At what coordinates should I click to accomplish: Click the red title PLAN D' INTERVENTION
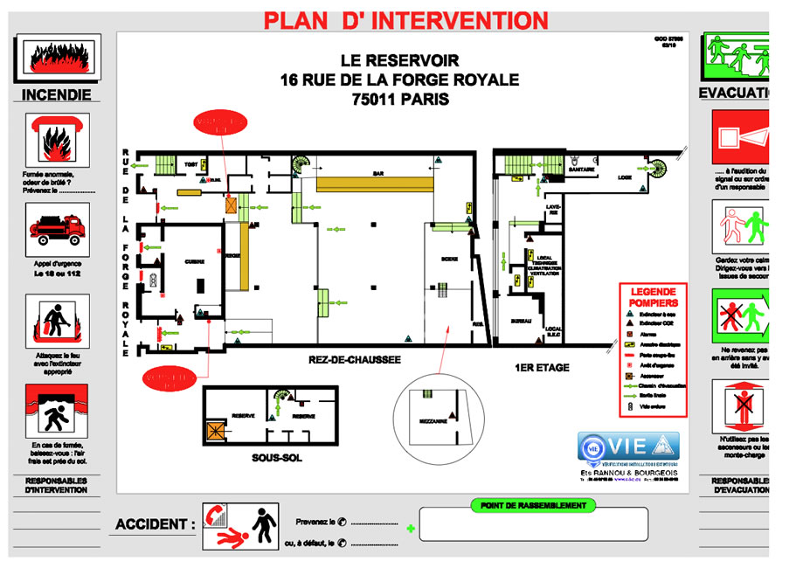click(406, 19)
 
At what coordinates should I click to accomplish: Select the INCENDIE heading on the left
click(56, 94)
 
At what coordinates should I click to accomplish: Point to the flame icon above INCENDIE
click(57, 56)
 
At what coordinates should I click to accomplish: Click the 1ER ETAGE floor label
click(542, 368)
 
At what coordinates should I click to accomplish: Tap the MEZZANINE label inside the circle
click(433, 419)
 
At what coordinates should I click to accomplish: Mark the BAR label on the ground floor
click(378, 174)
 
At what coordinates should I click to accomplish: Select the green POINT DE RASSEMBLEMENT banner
click(533, 505)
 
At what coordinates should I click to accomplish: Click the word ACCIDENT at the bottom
click(156, 524)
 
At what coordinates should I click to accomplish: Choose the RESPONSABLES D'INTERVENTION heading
click(56, 485)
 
